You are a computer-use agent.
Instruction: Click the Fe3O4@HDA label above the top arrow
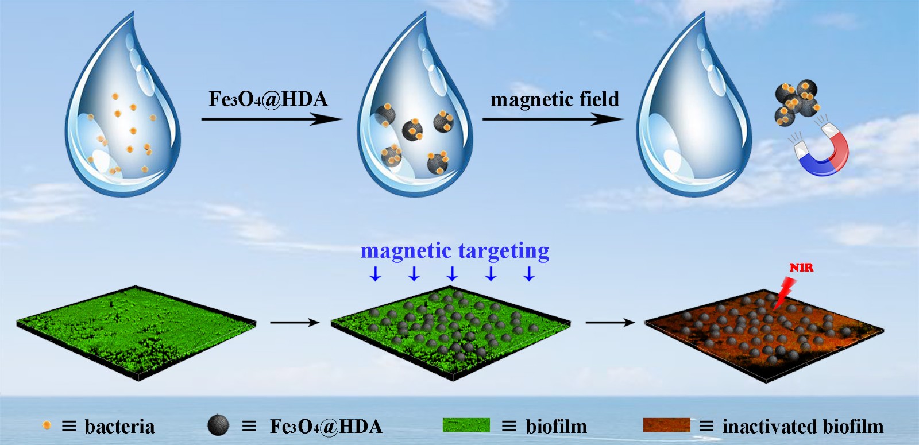[x=268, y=99]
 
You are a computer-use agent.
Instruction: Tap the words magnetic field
[x=555, y=99]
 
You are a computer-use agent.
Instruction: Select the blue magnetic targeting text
[x=454, y=251]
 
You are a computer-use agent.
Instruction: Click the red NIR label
[x=801, y=268]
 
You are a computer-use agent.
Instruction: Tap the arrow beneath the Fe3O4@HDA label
[x=272, y=119]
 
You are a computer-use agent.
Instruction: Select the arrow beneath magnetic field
[x=553, y=119]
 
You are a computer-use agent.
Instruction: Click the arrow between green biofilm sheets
[x=294, y=323]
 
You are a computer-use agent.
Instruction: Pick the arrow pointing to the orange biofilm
[x=609, y=323]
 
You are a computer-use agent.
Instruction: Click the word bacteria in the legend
[x=119, y=427]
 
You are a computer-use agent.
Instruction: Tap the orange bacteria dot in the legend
[x=47, y=425]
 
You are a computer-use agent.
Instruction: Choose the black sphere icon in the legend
[x=218, y=425]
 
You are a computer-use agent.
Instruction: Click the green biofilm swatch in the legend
[x=466, y=425]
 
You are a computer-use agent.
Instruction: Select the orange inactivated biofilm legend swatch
[x=666, y=425]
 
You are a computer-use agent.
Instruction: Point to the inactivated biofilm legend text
[x=802, y=427]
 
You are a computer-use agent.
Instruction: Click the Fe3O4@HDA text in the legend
[x=326, y=427]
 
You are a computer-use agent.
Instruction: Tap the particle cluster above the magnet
[x=796, y=101]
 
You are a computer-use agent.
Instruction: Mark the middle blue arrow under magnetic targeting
[x=452, y=274]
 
